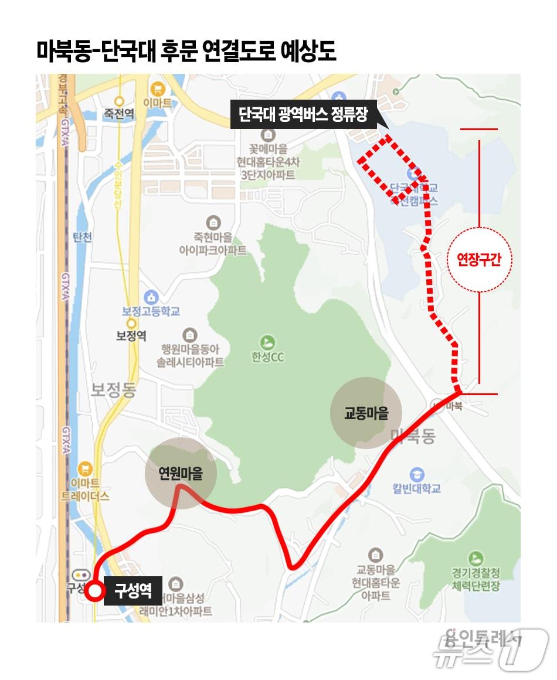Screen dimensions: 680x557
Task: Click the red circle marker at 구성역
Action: point(94,591)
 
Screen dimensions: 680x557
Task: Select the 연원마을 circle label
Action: point(181,473)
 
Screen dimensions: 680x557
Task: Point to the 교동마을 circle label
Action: point(366,413)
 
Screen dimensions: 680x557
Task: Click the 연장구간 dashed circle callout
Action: point(480,259)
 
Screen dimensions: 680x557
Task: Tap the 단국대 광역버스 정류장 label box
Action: point(303,114)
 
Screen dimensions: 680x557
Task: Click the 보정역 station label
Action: point(131,336)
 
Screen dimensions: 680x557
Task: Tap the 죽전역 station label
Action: point(119,114)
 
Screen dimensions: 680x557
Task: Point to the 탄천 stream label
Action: point(83,237)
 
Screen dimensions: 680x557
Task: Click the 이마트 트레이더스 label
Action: point(86,489)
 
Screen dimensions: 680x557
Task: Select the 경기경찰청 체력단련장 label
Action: point(476,579)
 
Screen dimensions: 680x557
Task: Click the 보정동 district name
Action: point(113,389)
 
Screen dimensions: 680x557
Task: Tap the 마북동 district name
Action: point(413,436)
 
